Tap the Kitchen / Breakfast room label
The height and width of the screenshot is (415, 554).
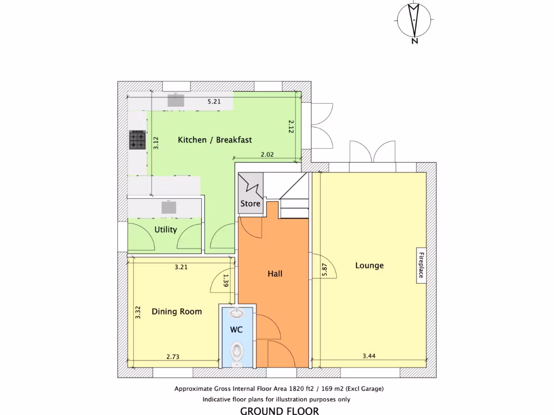[215, 140]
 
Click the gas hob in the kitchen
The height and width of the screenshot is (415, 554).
[137, 140]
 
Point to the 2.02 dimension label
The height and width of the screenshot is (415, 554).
[267, 155]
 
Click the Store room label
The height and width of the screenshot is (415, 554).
[250, 204]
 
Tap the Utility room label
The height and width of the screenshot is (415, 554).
[166, 230]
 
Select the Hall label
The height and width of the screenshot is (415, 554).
[275, 274]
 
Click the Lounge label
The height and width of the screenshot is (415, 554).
[370, 265]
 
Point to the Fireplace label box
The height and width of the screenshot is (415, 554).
[420, 266]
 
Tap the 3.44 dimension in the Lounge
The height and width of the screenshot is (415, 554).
[369, 356]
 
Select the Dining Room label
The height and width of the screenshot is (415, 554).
[176, 311]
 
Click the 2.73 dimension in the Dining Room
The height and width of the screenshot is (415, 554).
[173, 357]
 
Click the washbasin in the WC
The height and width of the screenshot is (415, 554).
[236, 312]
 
